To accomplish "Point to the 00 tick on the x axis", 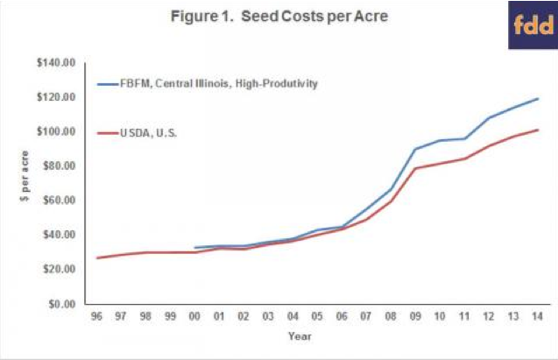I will pyautogui.click(x=194, y=315).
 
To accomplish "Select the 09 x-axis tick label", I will pyautogui.click(x=413, y=315).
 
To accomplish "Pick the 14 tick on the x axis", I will pyautogui.click(x=536, y=315).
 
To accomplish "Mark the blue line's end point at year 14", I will pyautogui.click(x=537, y=99).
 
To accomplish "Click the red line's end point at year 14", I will pyautogui.click(x=537, y=130).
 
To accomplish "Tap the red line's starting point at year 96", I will pyautogui.click(x=96, y=258).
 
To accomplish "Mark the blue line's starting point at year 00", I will pyautogui.click(x=194, y=248).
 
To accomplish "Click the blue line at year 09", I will pyautogui.click(x=413, y=149).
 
